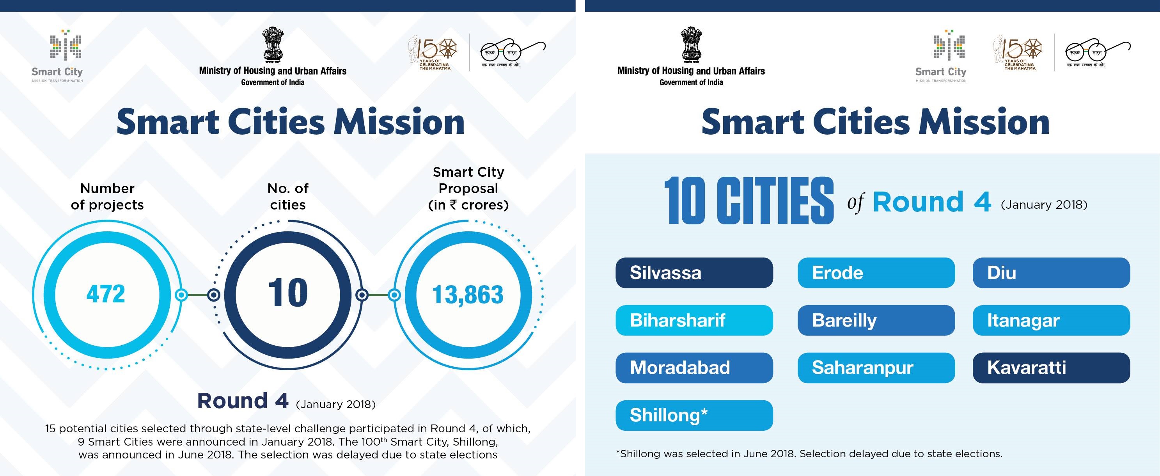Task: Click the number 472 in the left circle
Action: pos(105,295)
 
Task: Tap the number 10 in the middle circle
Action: pos(288,294)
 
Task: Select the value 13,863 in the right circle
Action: pos(468,295)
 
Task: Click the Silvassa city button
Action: pos(694,273)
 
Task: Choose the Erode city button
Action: pos(876,273)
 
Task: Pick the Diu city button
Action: pos(1051,273)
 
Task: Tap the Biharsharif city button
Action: pos(694,320)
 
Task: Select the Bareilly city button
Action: pos(876,320)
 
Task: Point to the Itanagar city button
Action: pos(1051,320)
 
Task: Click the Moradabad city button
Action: pos(694,368)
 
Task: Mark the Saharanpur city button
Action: pos(876,368)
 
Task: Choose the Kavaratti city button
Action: pos(1051,368)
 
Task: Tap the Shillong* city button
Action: pos(694,415)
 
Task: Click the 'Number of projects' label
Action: pos(107,197)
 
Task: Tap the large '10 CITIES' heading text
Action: pos(749,201)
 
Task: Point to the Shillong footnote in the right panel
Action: pos(809,454)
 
